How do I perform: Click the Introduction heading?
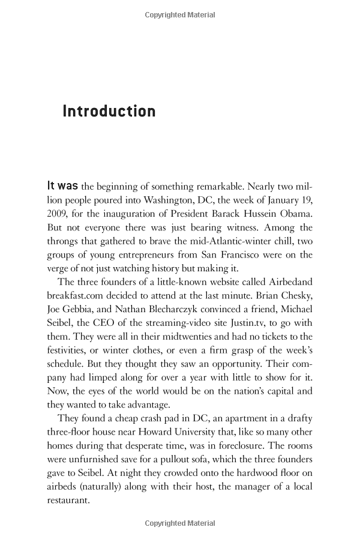click(109, 112)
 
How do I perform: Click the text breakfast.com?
click(79, 297)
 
